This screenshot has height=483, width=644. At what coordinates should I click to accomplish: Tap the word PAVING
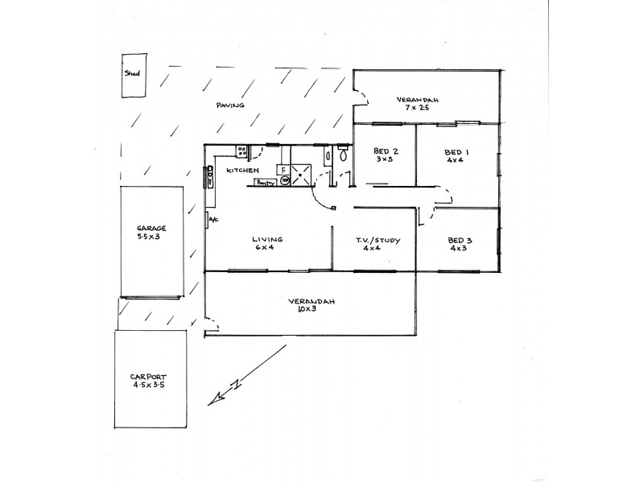(230, 106)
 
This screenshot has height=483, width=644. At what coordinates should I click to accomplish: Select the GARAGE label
(151, 228)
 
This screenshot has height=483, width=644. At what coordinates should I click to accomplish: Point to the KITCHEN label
(242, 171)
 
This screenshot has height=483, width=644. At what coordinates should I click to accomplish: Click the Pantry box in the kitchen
(266, 183)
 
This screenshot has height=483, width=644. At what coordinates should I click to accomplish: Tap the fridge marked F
(283, 170)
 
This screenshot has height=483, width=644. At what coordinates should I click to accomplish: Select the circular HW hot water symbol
(283, 182)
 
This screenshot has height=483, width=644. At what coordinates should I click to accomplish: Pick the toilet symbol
(344, 155)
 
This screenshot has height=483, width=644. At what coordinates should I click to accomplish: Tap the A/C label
(213, 220)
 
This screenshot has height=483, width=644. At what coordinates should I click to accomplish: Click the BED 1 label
(457, 151)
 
